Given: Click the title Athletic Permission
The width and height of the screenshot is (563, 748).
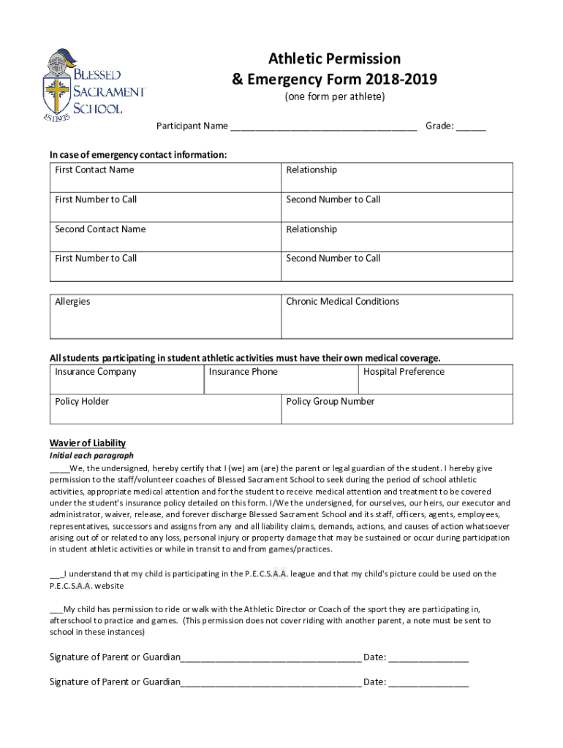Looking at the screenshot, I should coord(334,58).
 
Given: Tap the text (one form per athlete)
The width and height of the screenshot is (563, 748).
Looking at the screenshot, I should coord(334,97).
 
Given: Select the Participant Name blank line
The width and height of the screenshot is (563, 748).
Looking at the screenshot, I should coord(323,127).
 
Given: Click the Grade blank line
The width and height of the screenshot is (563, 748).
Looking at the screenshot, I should coord(471,127).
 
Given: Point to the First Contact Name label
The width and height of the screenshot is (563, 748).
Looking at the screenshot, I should coord(94,170).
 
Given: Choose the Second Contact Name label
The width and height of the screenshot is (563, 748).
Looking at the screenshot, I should coord(100,229).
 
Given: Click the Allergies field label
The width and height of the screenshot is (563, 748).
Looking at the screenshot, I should coord(72,302).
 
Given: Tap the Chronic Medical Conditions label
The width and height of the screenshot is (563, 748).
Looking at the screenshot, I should coord(342,302).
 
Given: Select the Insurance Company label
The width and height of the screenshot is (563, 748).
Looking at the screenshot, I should coord(95,372).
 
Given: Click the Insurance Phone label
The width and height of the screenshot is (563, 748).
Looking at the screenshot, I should coord(243,372).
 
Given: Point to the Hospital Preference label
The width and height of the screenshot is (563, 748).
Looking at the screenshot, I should coord(404,372).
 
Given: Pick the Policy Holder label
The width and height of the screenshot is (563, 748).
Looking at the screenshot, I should coord(82,401).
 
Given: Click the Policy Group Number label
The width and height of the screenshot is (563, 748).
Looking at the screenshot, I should coord(330,401).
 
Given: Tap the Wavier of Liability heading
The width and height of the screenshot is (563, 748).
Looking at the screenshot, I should coord(87,443).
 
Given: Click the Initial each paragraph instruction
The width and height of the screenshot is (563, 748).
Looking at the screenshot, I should coord(91,456).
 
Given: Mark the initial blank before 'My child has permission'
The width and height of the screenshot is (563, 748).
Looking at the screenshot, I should coord(56,609).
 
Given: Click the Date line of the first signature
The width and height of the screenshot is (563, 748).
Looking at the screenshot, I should coord(428,658).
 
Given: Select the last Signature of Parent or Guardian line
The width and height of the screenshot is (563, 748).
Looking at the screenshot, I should coord(271,683).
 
